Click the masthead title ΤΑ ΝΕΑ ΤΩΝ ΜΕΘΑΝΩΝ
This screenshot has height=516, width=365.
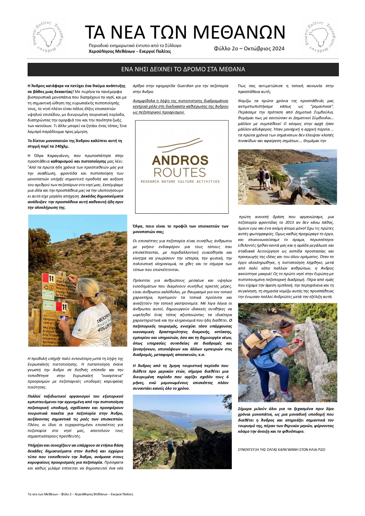pos(185,32)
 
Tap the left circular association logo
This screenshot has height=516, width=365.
pos(47,37)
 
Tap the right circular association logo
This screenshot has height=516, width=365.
pos(319,37)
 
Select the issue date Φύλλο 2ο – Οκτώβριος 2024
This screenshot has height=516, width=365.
pos(249,49)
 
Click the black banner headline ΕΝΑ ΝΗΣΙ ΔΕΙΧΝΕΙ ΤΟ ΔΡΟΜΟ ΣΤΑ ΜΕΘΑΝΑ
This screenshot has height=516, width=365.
pos(183,69)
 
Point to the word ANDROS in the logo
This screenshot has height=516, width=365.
pos(180,160)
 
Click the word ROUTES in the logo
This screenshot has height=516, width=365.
pos(180,173)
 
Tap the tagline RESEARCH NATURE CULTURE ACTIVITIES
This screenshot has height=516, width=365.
pos(180,182)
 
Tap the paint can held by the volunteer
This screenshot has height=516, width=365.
pos(64,319)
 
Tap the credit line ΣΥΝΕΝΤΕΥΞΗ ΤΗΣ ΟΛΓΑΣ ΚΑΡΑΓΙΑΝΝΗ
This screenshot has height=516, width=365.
pos(282,449)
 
